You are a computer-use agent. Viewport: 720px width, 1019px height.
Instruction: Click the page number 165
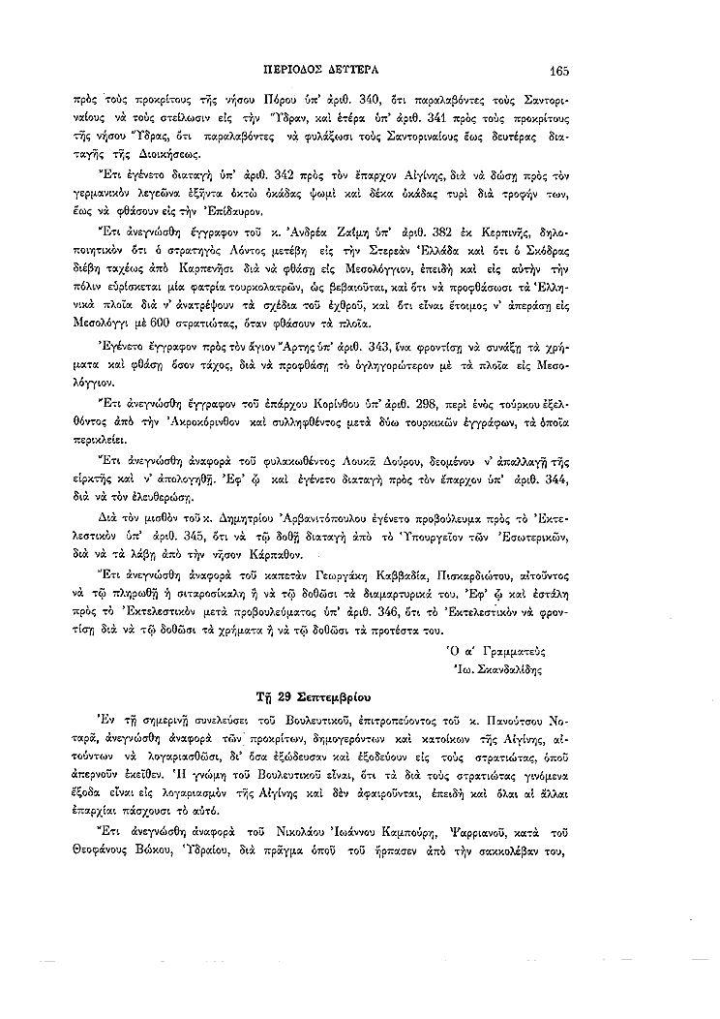(557, 70)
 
